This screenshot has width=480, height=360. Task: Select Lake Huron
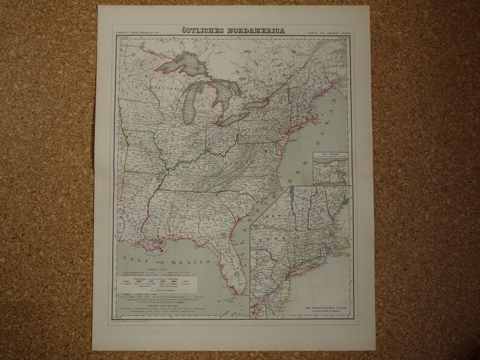(222, 91)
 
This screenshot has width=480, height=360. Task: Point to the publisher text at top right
(334, 30)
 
